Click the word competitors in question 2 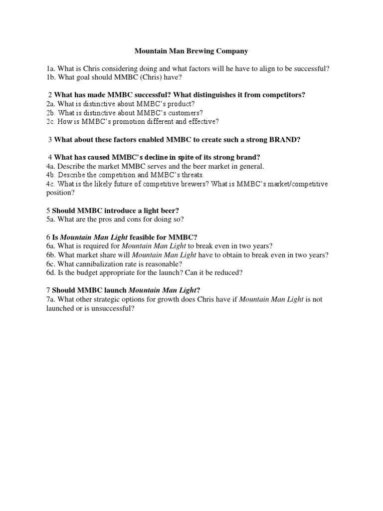(285, 95)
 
